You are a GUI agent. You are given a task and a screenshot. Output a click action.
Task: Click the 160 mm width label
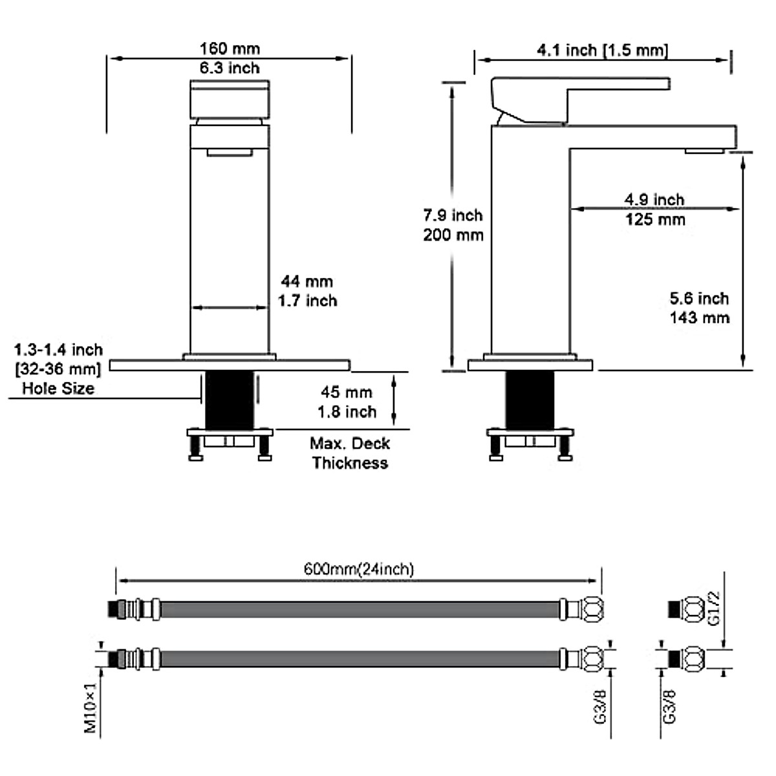point(230,48)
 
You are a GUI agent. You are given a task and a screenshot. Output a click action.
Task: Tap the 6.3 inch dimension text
point(230,68)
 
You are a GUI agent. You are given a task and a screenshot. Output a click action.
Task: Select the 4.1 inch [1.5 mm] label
point(603,50)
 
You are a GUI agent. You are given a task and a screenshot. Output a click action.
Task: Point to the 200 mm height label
point(453,235)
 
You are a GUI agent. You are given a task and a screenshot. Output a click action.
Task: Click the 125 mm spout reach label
point(655,220)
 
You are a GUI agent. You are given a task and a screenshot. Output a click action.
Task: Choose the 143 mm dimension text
point(700,318)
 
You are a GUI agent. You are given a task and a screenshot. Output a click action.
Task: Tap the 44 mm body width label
point(307,281)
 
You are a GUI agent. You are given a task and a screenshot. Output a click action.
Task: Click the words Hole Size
point(58,389)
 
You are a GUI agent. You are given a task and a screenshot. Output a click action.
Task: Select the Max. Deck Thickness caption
point(350,453)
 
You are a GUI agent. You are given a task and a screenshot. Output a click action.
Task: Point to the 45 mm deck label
point(347,393)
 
